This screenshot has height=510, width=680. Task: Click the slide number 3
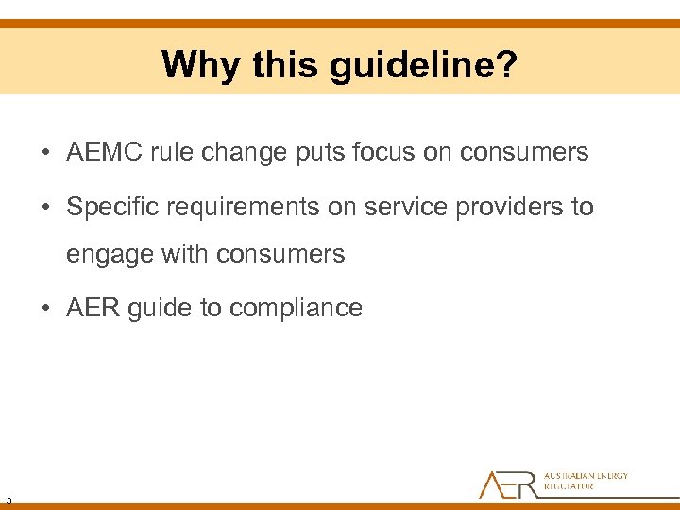click(x=8, y=499)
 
